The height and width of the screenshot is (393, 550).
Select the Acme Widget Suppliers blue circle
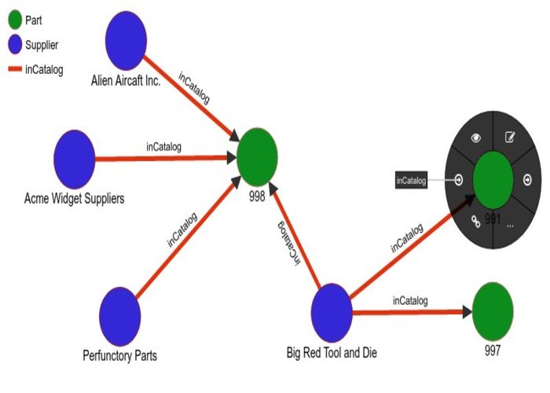(x=75, y=159)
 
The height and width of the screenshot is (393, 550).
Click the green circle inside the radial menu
(x=493, y=179)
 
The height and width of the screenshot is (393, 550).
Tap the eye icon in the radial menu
(x=475, y=138)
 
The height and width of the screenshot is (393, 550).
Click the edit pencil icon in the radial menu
(x=510, y=138)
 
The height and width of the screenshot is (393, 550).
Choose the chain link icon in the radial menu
(x=475, y=222)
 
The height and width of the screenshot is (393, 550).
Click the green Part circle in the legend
(x=13, y=19)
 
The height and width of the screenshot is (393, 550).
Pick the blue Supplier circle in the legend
(x=13, y=45)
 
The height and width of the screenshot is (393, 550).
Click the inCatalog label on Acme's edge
(x=164, y=146)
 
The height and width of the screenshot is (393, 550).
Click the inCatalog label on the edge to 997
(x=410, y=300)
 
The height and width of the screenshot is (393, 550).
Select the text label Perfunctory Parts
(x=119, y=356)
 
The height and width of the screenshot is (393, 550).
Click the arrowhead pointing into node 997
(x=466, y=312)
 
